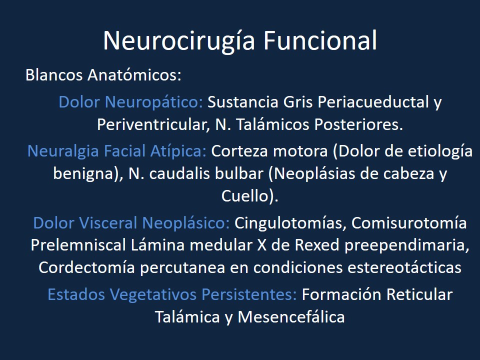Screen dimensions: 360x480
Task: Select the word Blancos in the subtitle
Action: click(x=54, y=76)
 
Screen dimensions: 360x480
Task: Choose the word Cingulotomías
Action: click(x=289, y=223)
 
